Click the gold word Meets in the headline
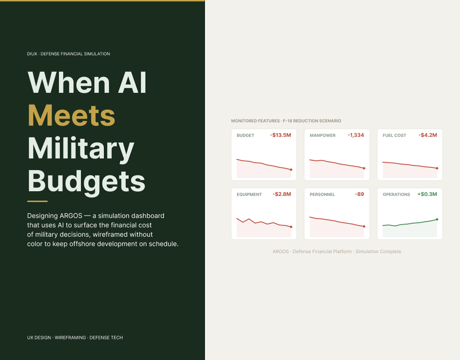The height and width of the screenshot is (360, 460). pos(72,115)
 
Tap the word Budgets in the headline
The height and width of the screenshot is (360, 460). pos(87,181)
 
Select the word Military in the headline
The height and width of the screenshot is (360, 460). pos(81,149)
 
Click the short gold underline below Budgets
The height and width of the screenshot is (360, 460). pos(37,201)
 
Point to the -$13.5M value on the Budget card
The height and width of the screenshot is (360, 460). pos(281,135)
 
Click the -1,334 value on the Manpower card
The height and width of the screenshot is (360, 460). pos(356,135)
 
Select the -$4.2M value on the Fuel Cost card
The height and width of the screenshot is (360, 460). pos(428,135)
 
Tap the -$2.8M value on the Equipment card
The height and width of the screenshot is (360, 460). pos(282,194)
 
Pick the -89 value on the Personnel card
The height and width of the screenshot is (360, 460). pos(359,194)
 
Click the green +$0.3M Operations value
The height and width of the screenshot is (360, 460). pos(427,194)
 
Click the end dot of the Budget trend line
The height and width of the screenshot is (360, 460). pos(291,169)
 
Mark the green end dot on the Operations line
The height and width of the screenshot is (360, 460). pos(437,219)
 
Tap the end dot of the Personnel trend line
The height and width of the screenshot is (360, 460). pos(364,226)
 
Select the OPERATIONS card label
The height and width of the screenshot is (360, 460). pos(396,195)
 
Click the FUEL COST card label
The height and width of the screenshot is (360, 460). pos(394,135)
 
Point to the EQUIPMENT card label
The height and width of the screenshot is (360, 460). pos(249,195)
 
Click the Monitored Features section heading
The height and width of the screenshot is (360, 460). pos(286,120)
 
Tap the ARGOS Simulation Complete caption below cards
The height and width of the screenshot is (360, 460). pos(337,251)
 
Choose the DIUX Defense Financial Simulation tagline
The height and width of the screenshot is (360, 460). pos(68,54)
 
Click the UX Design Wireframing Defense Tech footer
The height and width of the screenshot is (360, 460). pos(75,337)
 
